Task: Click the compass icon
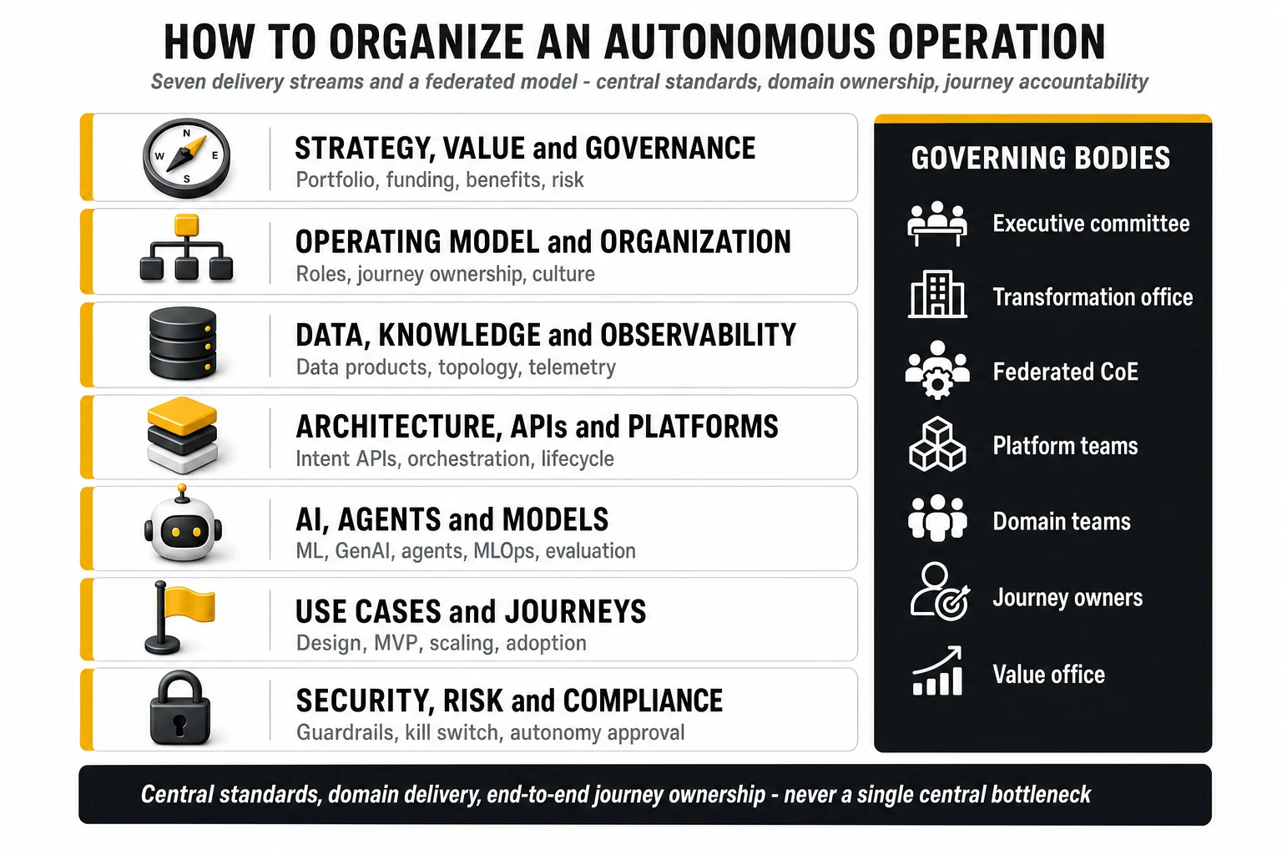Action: tap(187, 158)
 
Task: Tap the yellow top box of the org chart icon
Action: tap(187, 225)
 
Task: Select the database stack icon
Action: tap(183, 343)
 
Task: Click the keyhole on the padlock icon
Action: tap(179, 725)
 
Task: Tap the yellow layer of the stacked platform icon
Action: tap(182, 415)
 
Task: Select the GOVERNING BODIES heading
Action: tap(1041, 158)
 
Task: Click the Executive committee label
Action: tap(1091, 223)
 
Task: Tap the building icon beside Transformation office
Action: tap(937, 294)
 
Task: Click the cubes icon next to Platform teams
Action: tap(937, 444)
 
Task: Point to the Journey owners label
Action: tap(1067, 597)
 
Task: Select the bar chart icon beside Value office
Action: tap(937, 670)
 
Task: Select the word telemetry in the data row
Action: tap(572, 367)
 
